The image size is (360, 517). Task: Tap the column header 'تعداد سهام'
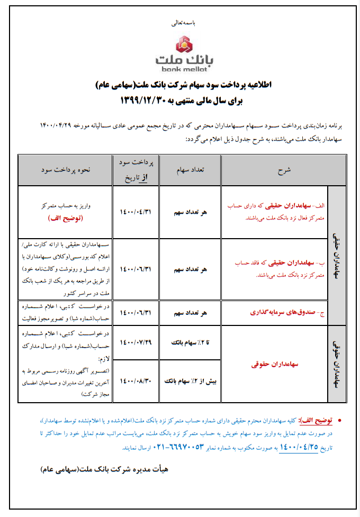[190, 170]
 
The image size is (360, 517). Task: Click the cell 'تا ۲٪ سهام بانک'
[190, 342]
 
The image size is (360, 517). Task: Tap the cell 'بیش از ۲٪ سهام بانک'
[190, 380]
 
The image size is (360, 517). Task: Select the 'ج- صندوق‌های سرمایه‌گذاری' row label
[284, 312]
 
